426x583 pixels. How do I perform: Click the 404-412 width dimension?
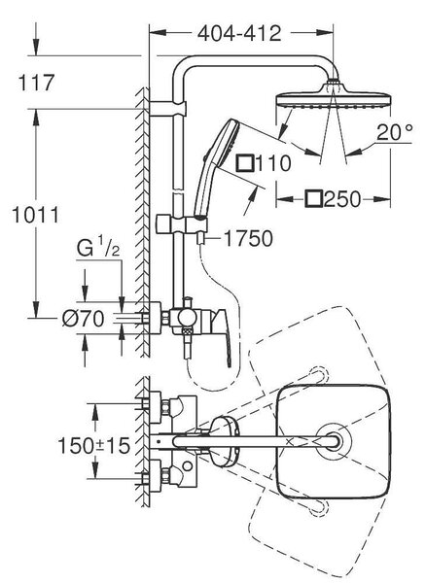pos(239,34)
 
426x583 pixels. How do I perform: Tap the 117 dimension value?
pos(36,83)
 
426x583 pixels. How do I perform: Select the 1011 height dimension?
pos(36,216)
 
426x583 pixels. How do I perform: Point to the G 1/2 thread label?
pos(98,249)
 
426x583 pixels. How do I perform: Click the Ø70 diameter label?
pos(83,319)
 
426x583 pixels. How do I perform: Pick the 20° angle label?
pos(394,132)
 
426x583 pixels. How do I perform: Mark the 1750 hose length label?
pos(248,238)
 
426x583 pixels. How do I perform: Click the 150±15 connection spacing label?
pos(94,445)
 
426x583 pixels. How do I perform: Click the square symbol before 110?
pos(245,163)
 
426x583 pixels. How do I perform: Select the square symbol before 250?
pos(313,199)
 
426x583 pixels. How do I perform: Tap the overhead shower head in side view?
pos(333,97)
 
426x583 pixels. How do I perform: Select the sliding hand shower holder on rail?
pos(182,224)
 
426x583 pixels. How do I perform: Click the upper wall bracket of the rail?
pos(167,109)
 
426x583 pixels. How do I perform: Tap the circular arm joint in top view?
pos(334,441)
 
